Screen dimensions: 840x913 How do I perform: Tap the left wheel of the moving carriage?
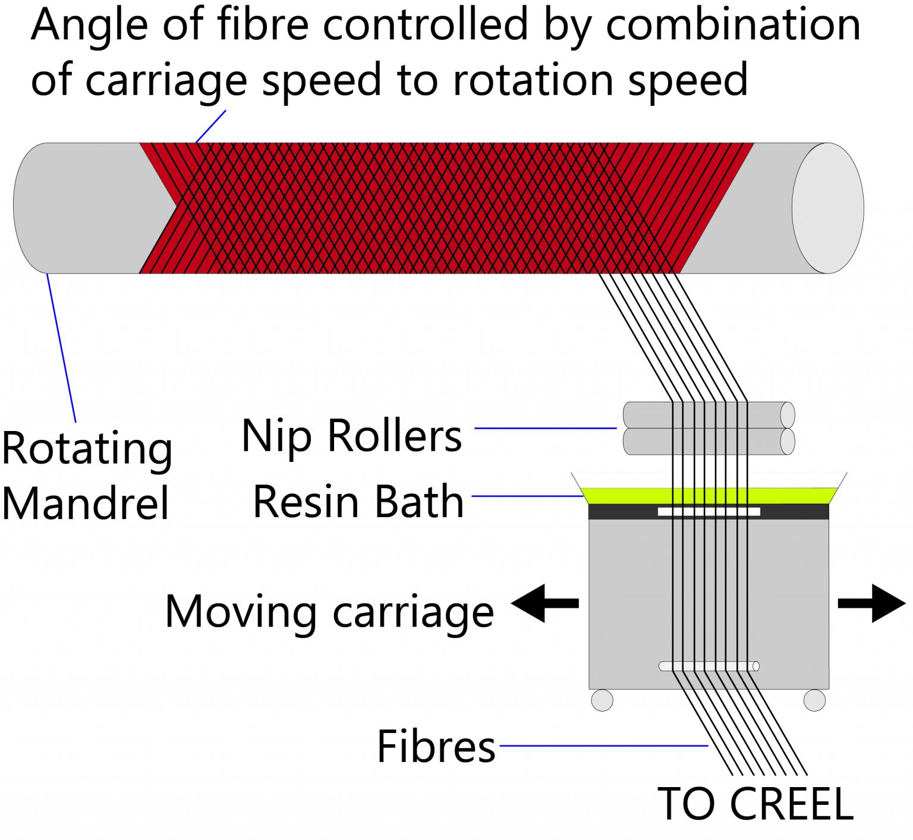pos(602,700)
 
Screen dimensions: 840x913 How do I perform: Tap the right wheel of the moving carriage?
pos(814,700)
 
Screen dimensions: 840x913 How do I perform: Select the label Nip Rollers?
pos(351,436)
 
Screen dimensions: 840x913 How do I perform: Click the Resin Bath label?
pos(358,502)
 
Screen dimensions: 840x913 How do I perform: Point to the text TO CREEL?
pos(755,804)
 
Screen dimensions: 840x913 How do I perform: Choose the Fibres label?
pos(436,747)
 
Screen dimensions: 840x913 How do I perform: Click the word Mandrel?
pos(86,504)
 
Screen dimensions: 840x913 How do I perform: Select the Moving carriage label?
pos(329,612)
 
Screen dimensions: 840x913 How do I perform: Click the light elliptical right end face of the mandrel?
pos(827,208)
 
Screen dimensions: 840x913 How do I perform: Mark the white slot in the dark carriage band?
pos(709,511)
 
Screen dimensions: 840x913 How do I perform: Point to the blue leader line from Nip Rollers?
pos(545,428)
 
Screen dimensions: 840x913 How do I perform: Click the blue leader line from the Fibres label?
pos(603,745)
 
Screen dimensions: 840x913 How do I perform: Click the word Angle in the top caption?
pos(86,25)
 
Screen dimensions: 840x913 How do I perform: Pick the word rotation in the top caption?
pos(535,80)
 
